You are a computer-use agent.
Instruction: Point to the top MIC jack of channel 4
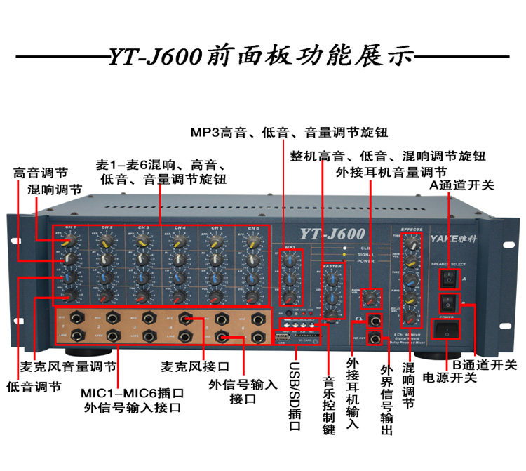[x=185, y=318]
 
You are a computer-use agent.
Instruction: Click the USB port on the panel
[x=281, y=339]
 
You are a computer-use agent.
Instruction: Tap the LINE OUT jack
[x=376, y=340]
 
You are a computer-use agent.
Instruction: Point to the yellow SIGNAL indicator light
[x=345, y=254]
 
